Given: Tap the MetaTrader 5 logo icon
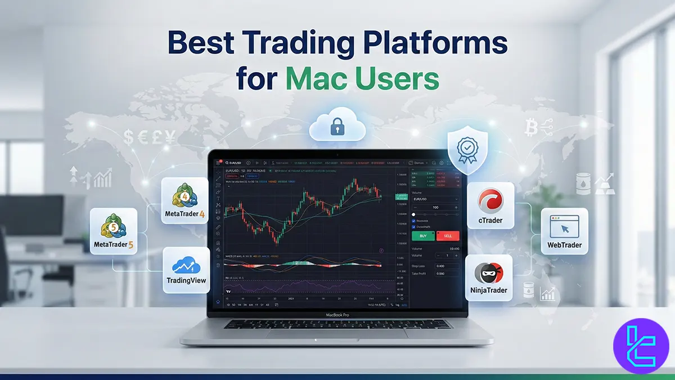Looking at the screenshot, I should coord(113,227).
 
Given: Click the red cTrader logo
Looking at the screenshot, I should coord(490,200).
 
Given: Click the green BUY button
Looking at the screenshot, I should coord(423,236).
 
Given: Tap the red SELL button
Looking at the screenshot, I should coord(448,236).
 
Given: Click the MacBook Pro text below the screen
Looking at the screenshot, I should coord(337,315).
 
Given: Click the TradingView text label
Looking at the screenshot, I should coord(186,280).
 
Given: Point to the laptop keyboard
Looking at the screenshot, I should coord(337,324).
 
